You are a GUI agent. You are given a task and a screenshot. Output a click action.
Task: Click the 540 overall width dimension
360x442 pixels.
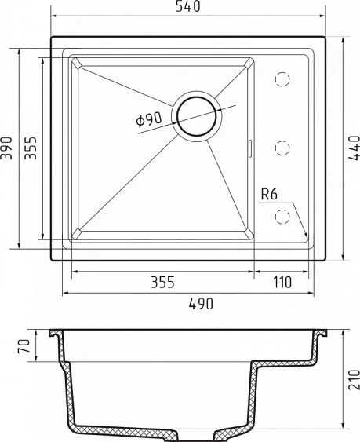188,6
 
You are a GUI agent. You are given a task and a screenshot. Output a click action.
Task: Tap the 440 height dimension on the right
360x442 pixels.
354,148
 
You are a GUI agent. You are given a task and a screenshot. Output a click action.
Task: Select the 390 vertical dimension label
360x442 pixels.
6,148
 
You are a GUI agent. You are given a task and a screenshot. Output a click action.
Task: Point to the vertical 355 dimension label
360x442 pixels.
31,148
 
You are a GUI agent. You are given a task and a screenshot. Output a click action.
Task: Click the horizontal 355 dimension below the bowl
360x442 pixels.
163,282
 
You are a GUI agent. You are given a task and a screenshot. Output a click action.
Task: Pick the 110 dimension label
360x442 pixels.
282,282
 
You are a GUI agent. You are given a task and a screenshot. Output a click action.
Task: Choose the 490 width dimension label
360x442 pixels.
201,304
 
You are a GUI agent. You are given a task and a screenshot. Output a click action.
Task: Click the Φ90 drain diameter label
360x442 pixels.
149,119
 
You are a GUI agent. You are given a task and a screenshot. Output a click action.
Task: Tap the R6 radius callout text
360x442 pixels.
269,194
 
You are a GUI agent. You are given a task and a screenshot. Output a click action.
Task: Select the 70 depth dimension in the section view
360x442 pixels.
24,346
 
